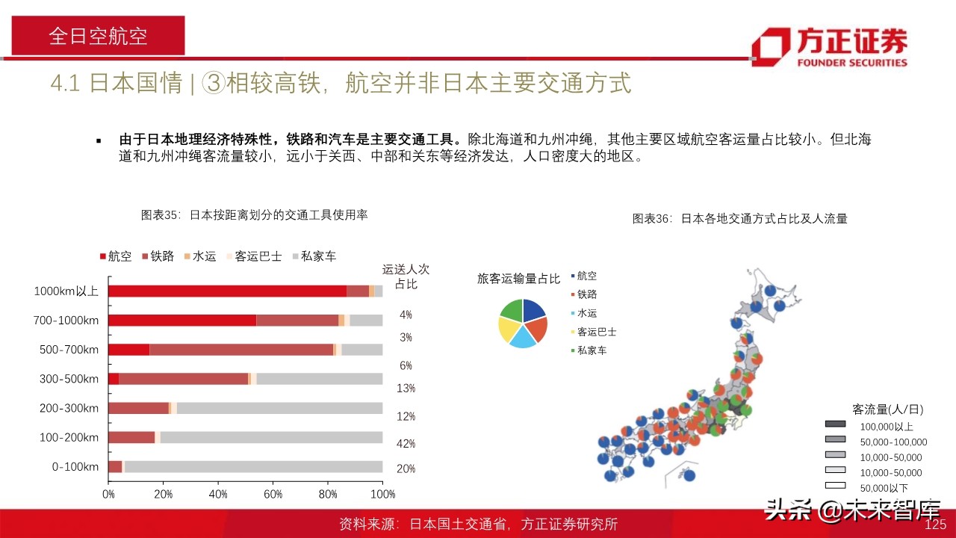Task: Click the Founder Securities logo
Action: tap(830, 47)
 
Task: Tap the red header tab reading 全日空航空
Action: tap(98, 36)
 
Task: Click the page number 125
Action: tap(936, 525)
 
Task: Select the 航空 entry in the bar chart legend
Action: tap(116, 256)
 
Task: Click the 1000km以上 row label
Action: tap(66, 291)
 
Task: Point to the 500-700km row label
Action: tap(69, 349)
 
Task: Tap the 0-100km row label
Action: tap(75, 466)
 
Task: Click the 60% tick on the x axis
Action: tap(273, 494)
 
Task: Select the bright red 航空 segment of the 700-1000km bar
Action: tap(182, 320)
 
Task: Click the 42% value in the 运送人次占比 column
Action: tap(406, 444)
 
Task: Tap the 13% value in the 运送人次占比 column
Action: tap(406, 388)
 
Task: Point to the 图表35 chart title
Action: tap(254, 215)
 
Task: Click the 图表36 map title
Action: tap(739, 219)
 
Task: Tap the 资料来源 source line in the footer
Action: tap(478, 525)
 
